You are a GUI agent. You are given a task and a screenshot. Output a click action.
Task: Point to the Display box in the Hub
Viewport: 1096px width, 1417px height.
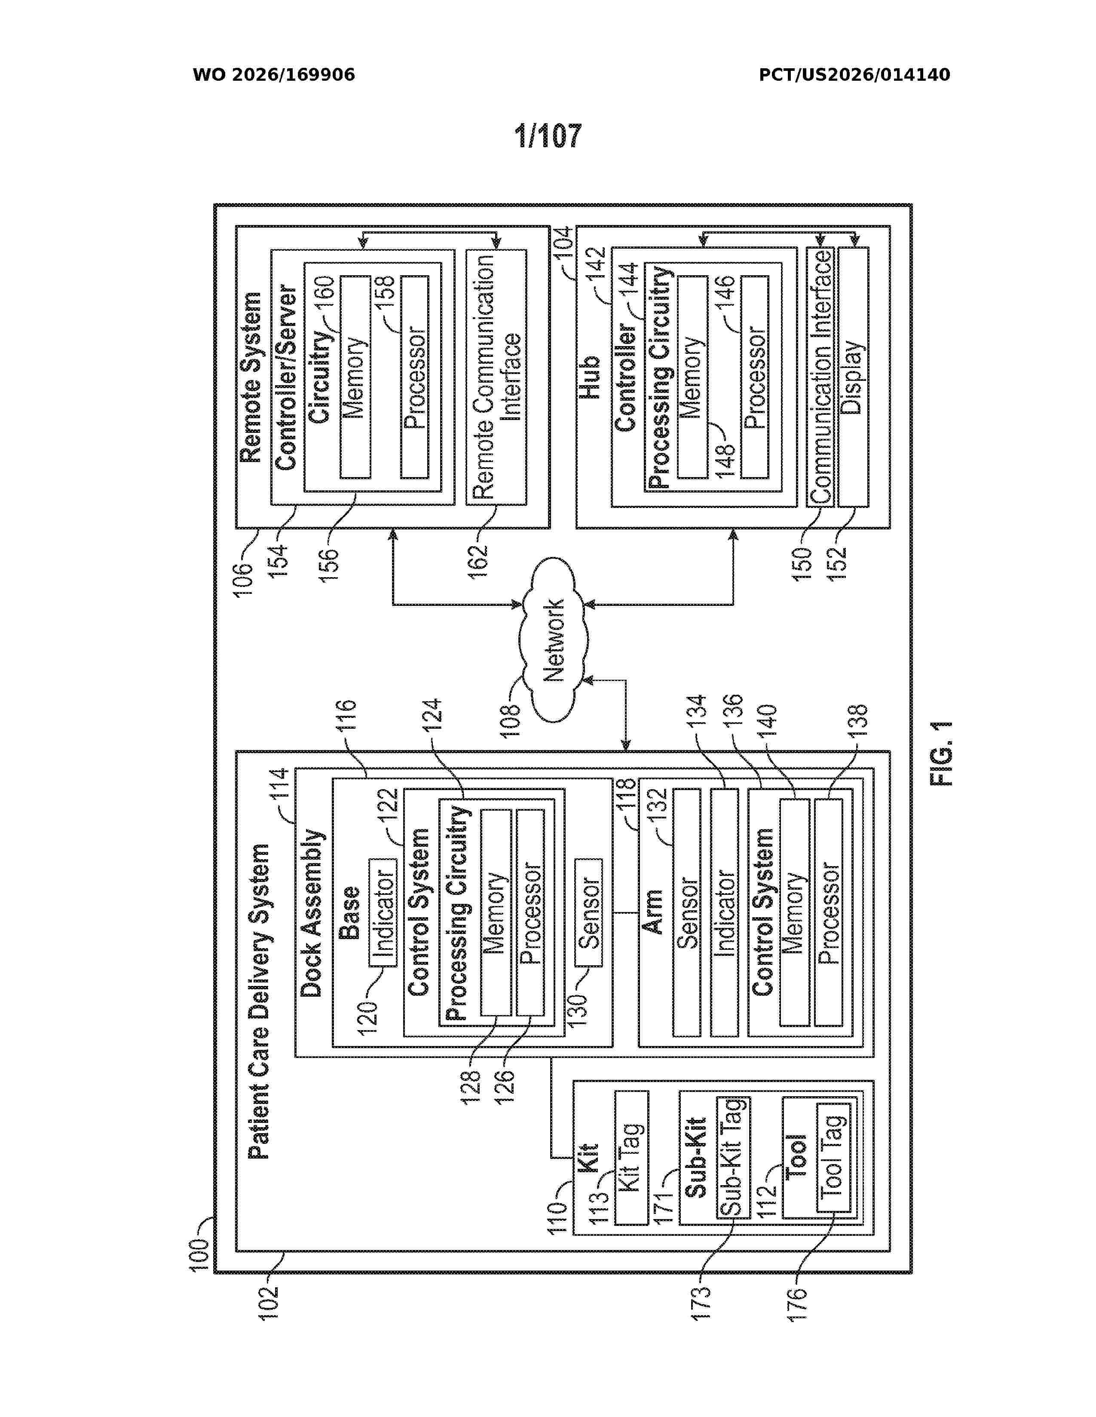click(853, 376)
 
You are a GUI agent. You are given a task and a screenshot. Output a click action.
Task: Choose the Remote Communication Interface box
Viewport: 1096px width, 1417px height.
click(496, 376)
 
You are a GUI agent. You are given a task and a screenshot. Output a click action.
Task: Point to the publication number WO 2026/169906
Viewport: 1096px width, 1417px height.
click(274, 75)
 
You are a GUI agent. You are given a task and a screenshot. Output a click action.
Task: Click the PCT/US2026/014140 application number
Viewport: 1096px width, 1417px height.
click(854, 75)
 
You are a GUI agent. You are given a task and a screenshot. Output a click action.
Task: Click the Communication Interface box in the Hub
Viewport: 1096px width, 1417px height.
click(820, 376)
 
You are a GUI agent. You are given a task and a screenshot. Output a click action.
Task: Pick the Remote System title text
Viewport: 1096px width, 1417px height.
click(251, 377)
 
